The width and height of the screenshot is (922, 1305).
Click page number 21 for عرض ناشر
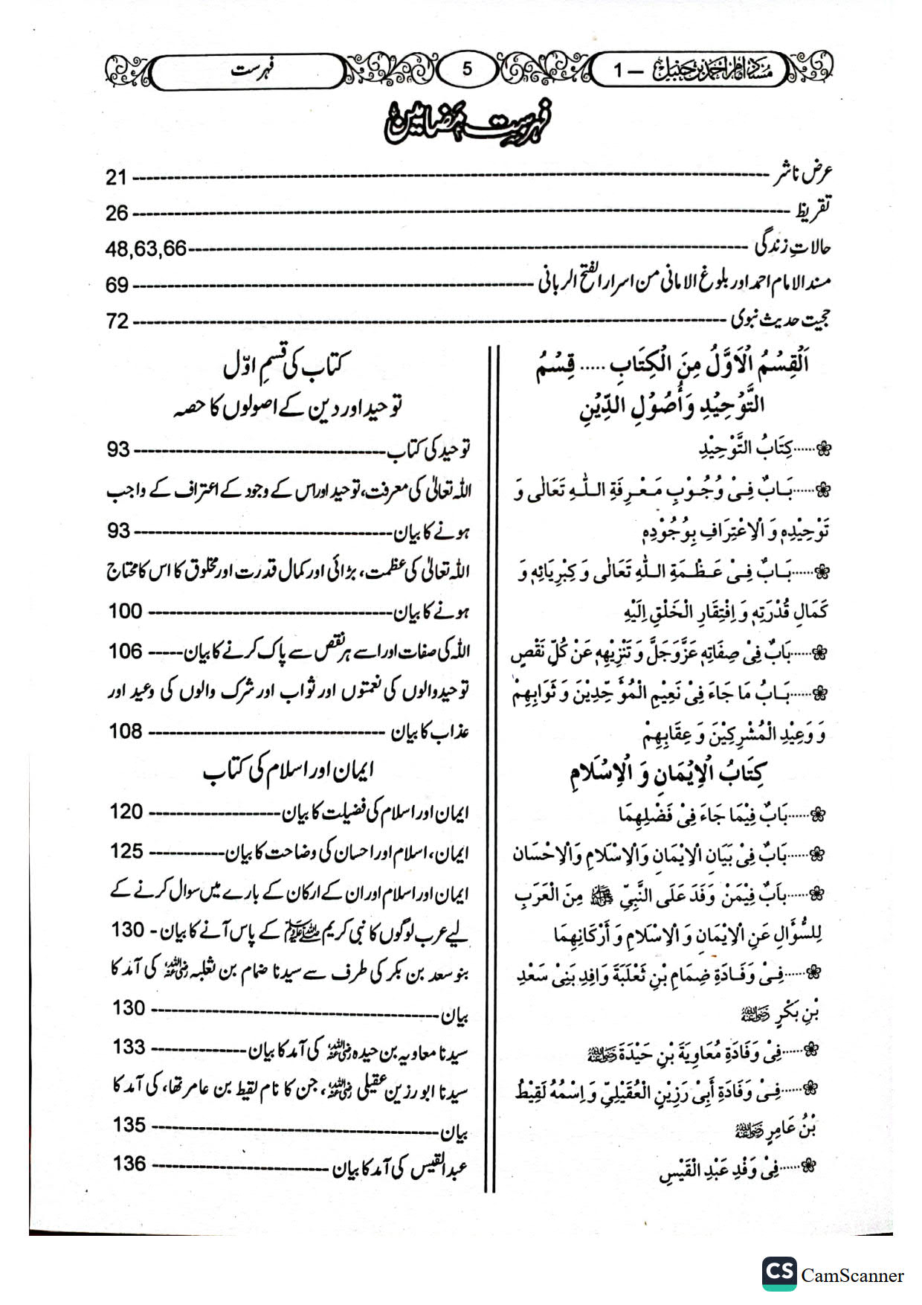tap(117, 178)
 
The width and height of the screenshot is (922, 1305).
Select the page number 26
tap(117, 214)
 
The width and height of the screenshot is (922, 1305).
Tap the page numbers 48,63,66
tap(146, 249)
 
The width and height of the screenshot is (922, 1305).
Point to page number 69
tap(117, 285)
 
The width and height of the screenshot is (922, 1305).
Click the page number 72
tap(117, 321)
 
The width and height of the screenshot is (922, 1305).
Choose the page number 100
tap(125, 612)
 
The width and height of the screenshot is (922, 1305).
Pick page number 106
tap(125, 651)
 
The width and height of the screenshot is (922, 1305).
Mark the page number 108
tap(125, 731)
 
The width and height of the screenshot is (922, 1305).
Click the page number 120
tap(126, 812)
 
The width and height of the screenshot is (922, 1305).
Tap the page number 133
tap(129, 1047)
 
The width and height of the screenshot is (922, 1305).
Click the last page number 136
tap(129, 1163)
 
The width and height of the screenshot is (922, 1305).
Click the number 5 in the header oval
tap(467, 69)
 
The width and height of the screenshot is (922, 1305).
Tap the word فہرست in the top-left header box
tap(251, 72)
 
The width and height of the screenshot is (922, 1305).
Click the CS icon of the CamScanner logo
tap(779, 1273)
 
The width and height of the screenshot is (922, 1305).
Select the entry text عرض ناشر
tap(803, 175)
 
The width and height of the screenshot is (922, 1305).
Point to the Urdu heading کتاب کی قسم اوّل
tap(286, 365)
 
